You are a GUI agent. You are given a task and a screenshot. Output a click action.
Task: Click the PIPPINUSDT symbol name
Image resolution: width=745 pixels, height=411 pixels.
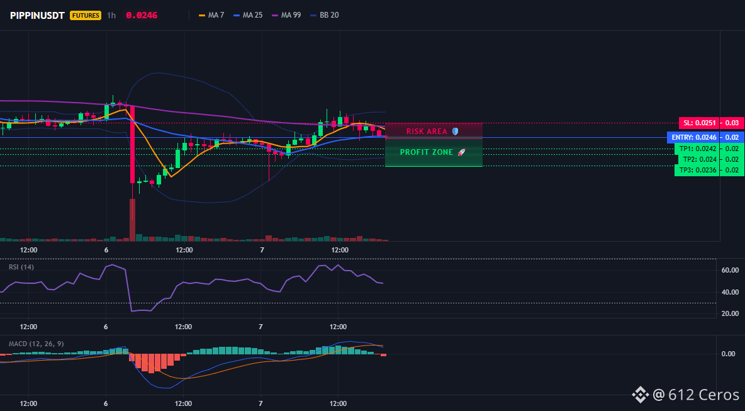[38, 15]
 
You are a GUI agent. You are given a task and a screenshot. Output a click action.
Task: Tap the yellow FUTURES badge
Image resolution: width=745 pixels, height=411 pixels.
[86, 15]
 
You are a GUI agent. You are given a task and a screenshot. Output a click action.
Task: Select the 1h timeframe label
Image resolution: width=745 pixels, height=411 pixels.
[111, 15]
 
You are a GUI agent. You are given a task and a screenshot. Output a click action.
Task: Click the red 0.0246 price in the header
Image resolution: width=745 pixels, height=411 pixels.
[142, 15]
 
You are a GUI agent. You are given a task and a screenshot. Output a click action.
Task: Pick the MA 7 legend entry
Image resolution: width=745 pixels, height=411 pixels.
[211, 15]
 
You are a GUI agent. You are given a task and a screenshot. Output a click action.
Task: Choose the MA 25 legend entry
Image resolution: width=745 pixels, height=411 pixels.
[248, 15]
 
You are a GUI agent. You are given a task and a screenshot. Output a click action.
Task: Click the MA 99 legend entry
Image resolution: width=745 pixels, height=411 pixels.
[286, 15]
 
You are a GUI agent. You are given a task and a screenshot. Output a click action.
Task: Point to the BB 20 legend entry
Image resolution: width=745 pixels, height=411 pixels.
[325, 15]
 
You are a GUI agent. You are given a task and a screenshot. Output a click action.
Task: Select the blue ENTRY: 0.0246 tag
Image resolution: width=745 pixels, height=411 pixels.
[693, 137]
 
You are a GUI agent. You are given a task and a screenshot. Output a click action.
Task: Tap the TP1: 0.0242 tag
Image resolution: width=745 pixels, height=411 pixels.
[697, 149]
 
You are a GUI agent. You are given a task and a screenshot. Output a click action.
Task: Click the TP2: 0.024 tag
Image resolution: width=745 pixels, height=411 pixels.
[697, 159]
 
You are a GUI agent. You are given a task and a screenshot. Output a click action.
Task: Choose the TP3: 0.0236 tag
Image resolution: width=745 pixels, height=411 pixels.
[697, 170]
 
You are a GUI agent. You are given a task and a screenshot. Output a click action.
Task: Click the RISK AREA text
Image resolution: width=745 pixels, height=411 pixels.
[427, 131]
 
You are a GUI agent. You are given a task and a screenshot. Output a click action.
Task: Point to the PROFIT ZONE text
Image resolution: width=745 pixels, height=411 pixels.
[427, 152]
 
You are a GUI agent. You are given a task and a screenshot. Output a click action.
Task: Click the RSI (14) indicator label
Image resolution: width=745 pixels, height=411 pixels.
[21, 267]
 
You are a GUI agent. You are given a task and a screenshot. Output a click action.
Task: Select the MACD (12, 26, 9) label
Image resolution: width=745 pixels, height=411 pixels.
[36, 344]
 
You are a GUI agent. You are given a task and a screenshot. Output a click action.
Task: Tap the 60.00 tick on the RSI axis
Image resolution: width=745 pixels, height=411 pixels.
[729, 270]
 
